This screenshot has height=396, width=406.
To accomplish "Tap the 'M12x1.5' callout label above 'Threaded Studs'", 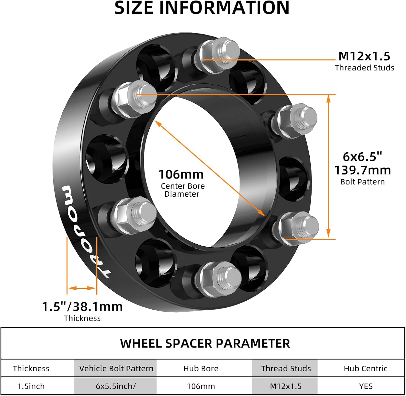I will pyautogui.click(x=364, y=56).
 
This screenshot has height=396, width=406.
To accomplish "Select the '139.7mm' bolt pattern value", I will pyautogui.click(x=362, y=170).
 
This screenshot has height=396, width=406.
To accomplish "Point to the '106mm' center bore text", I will pyautogui.click(x=181, y=175).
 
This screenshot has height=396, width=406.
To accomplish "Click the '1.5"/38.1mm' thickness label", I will pyautogui.click(x=82, y=307).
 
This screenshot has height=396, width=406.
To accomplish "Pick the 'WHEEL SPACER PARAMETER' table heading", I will pyautogui.click(x=205, y=343).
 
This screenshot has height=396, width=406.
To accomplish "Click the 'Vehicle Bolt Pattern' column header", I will pyautogui.click(x=116, y=368).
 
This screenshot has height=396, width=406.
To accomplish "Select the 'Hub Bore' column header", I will pyautogui.click(x=201, y=368).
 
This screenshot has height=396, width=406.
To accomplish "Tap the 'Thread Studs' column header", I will pyautogui.click(x=286, y=368).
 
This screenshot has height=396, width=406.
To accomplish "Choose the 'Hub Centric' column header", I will pyautogui.click(x=365, y=368).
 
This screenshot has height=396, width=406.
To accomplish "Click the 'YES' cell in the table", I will pyautogui.click(x=366, y=386).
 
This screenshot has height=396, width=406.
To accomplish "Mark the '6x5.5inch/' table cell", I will pyautogui.click(x=116, y=386).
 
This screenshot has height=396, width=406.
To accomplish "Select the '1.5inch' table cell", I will pyautogui.click(x=31, y=386).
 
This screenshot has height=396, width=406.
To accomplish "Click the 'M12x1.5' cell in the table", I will pyautogui.click(x=286, y=386).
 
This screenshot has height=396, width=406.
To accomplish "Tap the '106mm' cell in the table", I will pyautogui.click(x=201, y=386).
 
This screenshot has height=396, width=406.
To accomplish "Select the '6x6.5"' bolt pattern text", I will pyautogui.click(x=362, y=157).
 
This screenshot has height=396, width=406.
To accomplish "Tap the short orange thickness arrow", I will pyautogui.click(x=82, y=288).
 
